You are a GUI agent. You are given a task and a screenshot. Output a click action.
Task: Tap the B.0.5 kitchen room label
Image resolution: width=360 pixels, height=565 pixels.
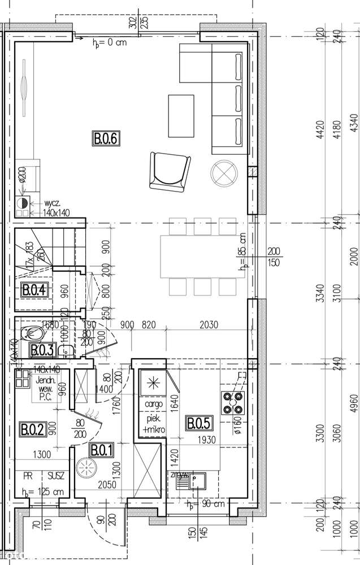click(198, 422)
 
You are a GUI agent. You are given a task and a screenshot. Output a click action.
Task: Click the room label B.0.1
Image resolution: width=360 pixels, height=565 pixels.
click(102, 450)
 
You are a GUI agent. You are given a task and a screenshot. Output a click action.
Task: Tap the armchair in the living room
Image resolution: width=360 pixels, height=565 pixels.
click(167, 172)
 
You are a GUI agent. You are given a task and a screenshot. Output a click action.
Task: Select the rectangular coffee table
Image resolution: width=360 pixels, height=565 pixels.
click(181, 115)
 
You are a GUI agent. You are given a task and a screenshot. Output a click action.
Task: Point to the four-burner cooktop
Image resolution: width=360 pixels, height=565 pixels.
click(233, 402)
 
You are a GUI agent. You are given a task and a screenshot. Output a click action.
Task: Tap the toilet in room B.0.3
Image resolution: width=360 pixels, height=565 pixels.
click(29, 334)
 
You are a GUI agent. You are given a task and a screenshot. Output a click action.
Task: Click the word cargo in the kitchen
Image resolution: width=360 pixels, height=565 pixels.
click(154, 405)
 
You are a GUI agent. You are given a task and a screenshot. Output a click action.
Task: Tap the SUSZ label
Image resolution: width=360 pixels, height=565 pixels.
click(56, 476)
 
